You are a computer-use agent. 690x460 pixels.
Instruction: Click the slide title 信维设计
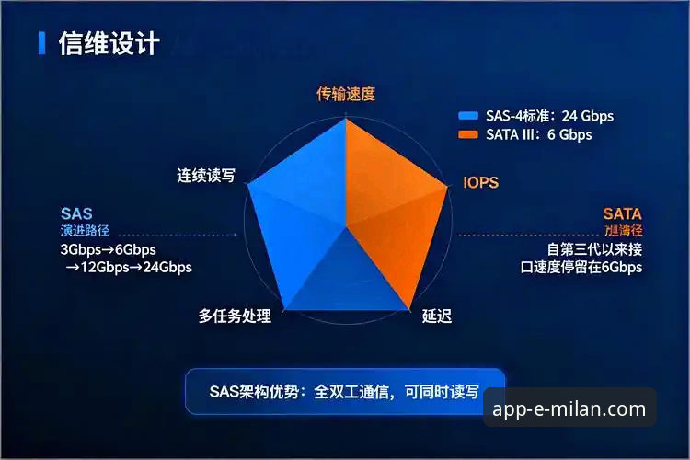(x=109, y=43)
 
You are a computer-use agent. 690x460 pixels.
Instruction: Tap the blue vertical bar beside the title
(x=41, y=43)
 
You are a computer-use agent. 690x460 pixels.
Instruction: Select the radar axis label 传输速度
(x=345, y=94)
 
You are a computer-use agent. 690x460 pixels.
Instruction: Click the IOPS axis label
(x=480, y=183)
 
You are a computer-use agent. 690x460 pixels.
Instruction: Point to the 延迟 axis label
(x=437, y=316)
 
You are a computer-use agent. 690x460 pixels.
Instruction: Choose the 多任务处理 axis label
(x=235, y=316)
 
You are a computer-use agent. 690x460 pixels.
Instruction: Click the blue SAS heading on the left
(x=76, y=213)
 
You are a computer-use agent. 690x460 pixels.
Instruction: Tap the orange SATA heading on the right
(x=622, y=213)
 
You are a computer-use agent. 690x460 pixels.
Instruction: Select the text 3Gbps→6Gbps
(x=108, y=250)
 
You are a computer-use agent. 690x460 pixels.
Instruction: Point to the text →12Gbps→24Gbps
(x=128, y=268)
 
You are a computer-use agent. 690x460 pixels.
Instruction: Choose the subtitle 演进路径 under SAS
(x=80, y=230)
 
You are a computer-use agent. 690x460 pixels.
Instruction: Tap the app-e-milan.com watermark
(x=569, y=408)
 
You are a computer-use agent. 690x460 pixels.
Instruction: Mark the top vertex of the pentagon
(x=345, y=118)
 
